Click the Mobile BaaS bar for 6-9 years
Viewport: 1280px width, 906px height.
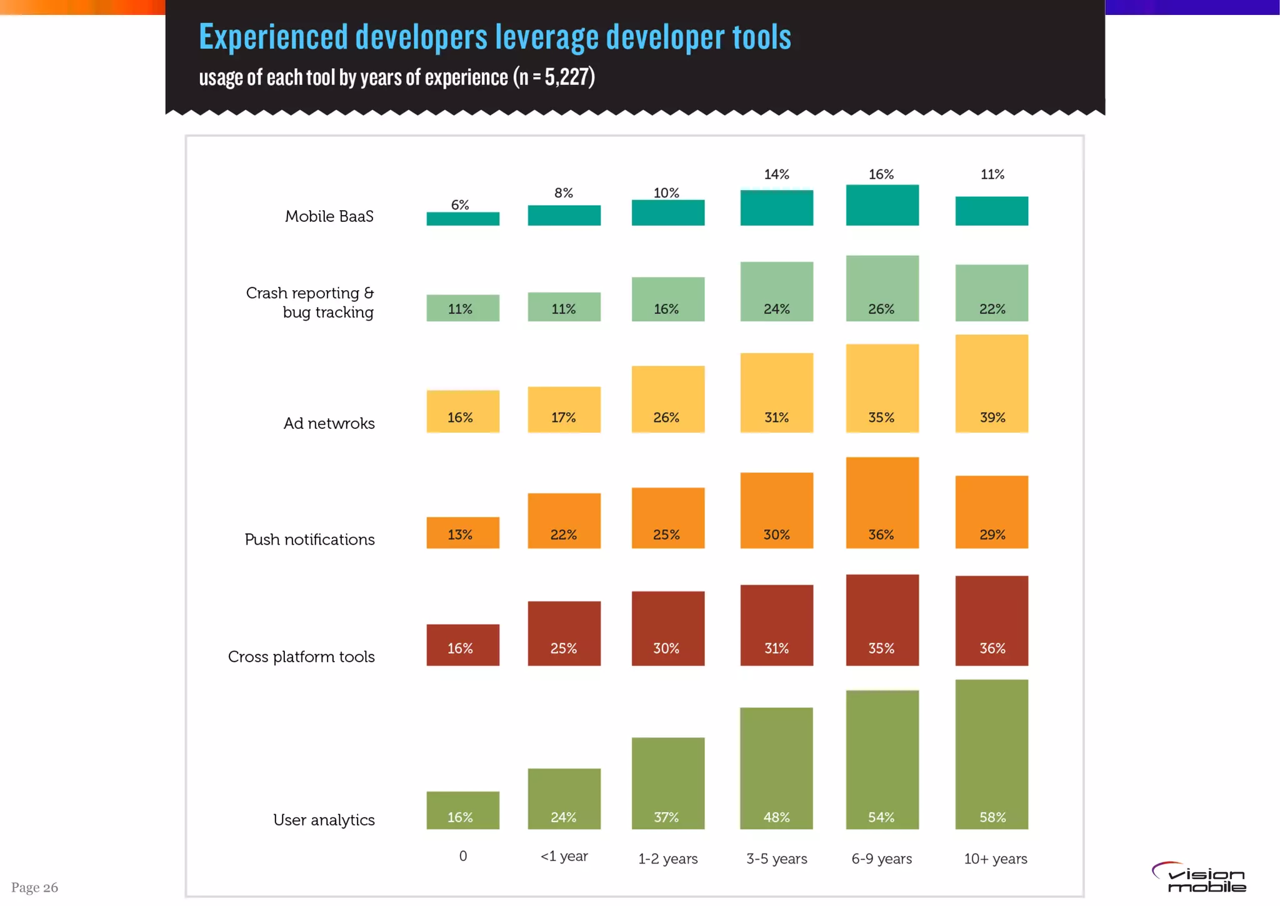882,205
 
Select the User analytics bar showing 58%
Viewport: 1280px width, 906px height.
991,754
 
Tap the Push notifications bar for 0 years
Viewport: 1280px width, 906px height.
462,533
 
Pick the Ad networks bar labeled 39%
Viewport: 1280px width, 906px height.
991,383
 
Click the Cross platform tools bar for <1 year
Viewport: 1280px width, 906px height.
564,633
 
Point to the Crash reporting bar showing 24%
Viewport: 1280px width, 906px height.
776,291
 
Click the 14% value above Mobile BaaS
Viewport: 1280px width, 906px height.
776,174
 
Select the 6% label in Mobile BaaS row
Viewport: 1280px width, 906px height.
460,205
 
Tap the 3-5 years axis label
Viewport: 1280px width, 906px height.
776,858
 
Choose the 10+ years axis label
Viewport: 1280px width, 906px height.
995,858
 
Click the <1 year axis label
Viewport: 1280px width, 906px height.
564,856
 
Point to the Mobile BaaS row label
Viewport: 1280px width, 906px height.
329,216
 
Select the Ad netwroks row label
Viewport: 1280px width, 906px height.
329,423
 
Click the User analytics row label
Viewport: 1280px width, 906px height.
324,820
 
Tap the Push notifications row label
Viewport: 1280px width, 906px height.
309,540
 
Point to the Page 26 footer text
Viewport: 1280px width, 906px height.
34,887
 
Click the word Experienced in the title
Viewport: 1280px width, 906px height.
273,37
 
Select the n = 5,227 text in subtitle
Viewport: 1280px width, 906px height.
554,77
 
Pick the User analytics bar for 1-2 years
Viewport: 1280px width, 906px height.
667,783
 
